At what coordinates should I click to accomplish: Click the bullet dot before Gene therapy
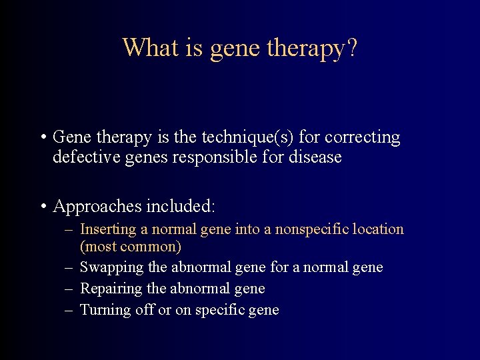[41, 138]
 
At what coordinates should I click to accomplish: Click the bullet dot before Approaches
[41, 207]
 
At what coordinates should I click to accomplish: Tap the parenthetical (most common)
[131, 247]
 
